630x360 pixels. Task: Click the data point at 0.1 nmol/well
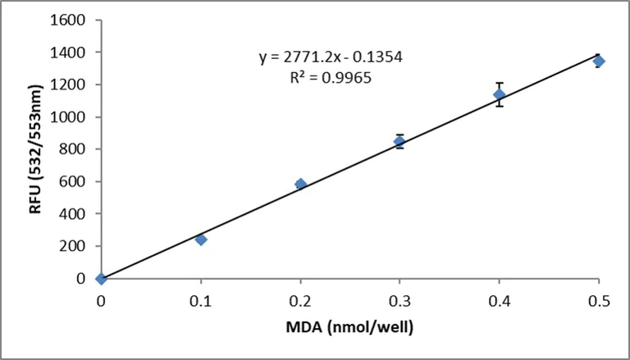click(201, 239)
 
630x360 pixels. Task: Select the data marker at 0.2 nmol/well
click(300, 184)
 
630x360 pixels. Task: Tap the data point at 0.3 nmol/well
click(399, 141)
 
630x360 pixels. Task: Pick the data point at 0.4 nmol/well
click(499, 94)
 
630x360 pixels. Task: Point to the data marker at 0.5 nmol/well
click(599, 62)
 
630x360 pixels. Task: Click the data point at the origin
click(101, 279)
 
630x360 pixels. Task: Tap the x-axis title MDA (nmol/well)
click(349, 330)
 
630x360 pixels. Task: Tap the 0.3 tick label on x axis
click(399, 300)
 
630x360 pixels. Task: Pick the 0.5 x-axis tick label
click(599, 300)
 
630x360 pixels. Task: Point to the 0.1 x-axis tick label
click(201, 300)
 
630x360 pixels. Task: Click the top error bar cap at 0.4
click(499, 83)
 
